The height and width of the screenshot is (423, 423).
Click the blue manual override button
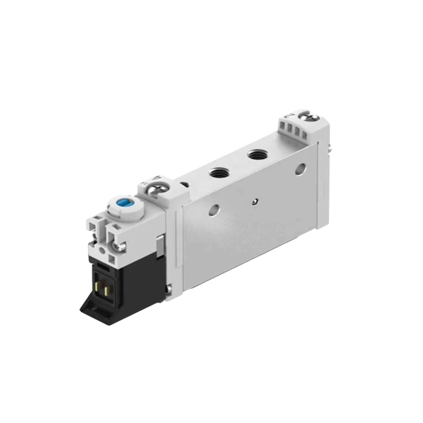(121, 204)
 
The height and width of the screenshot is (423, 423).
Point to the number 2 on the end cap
(289, 117)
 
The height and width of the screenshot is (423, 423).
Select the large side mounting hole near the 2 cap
(301, 169)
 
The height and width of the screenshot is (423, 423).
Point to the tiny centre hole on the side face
(255, 202)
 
